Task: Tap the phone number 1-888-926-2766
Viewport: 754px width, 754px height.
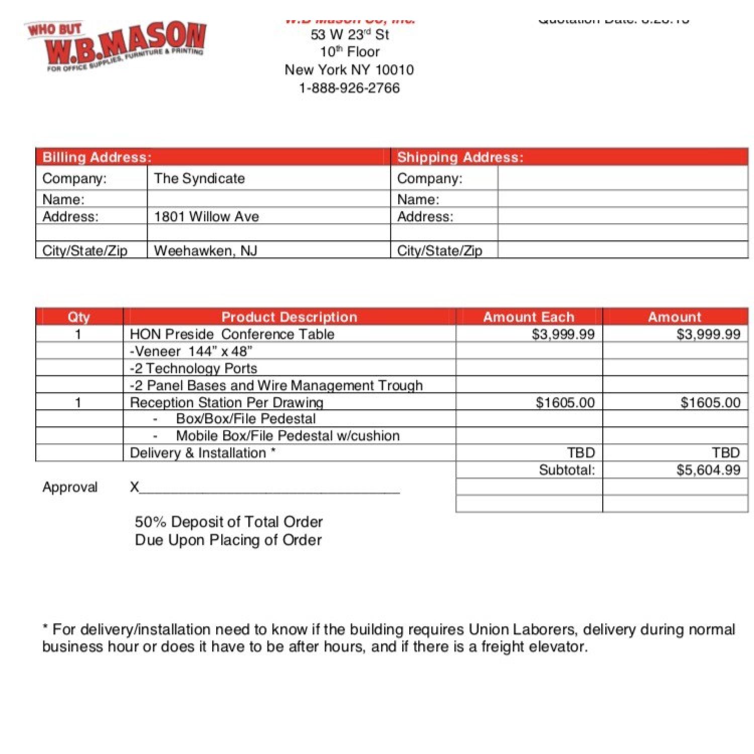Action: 349,88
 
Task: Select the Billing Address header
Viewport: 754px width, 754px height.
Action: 97,157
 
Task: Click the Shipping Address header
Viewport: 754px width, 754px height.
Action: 460,157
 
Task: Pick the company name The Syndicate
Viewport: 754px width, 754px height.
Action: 199,178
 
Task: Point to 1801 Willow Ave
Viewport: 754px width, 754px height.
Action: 206,217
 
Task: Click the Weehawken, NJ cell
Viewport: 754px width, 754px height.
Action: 205,250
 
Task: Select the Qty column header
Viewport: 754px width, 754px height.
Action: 79,317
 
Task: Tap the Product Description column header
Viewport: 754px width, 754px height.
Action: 289,317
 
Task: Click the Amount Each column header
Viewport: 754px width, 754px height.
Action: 528,317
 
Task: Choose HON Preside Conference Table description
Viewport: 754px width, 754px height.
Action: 232,334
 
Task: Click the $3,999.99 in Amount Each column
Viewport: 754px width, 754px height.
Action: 563,334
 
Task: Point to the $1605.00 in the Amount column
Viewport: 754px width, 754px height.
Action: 710,402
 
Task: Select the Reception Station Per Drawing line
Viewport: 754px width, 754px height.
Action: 226,402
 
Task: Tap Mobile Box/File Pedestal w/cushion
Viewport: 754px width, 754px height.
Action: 288,436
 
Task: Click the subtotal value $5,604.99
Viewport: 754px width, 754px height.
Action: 708,470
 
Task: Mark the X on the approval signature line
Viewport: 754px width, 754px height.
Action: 134,487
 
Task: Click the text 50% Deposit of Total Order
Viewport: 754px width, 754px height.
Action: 229,522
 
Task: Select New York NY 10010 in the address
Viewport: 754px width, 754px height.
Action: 349,70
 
